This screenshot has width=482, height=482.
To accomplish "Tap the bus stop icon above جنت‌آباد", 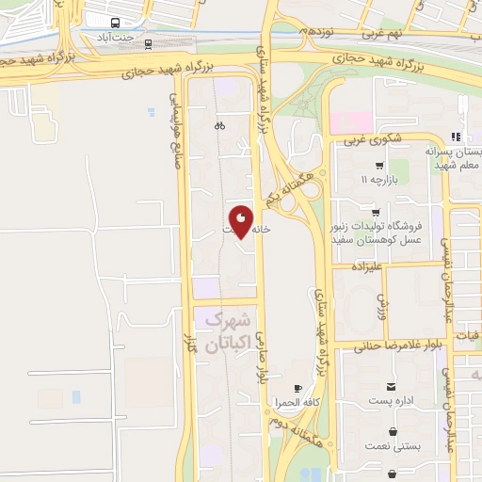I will pos(115,22).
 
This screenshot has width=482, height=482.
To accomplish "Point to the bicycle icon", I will pos(219,125).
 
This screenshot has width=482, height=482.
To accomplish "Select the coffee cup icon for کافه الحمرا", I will pos(298,388).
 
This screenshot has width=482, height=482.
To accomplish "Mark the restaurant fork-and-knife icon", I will pos(456,137).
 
